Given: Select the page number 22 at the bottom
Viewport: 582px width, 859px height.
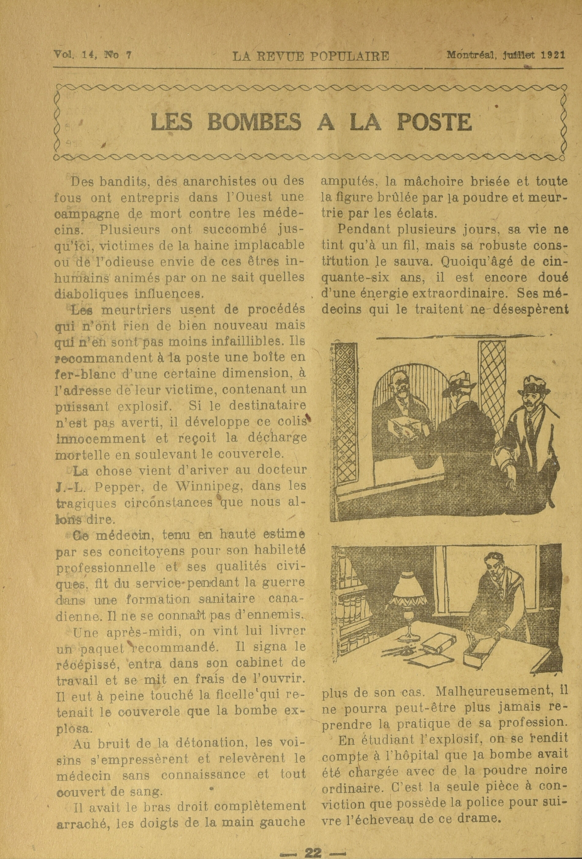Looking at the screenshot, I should pyautogui.click(x=313, y=851).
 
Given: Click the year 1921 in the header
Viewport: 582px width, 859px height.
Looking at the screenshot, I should pyautogui.click(x=553, y=55).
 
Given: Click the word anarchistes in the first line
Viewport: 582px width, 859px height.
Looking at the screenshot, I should pyautogui.click(x=213, y=182).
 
